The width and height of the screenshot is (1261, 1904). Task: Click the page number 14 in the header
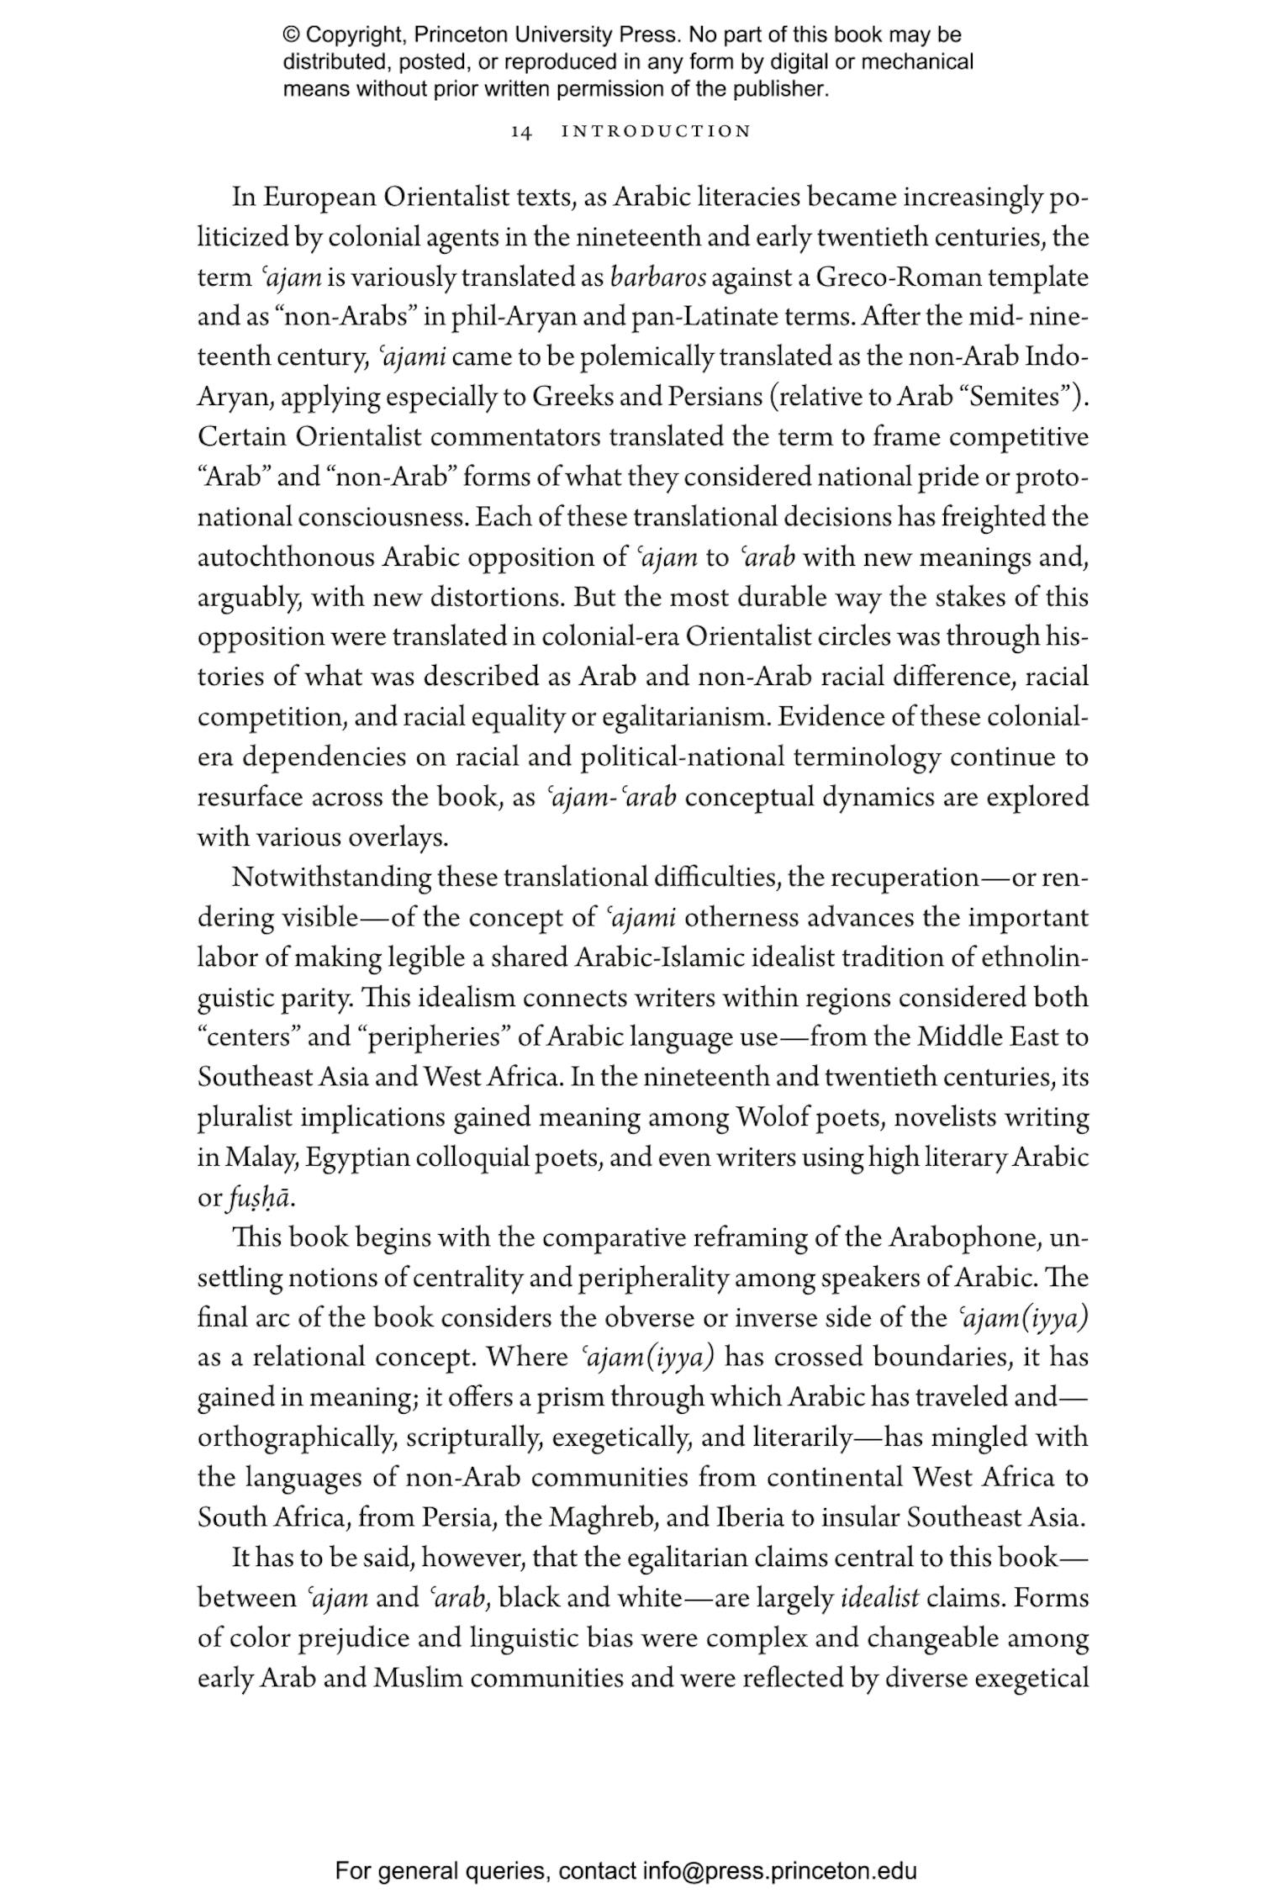click(x=521, y=132)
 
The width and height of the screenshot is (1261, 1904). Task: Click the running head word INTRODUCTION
click(x=656, y=132)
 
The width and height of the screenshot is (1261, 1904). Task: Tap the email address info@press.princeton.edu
click(x=779, y=1870)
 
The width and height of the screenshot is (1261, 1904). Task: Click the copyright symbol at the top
click(x=291, y=36)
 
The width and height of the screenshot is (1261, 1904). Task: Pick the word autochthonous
click(x=286, y=558)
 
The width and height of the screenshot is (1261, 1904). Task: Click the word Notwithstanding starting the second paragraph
click(x=332, y=878)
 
